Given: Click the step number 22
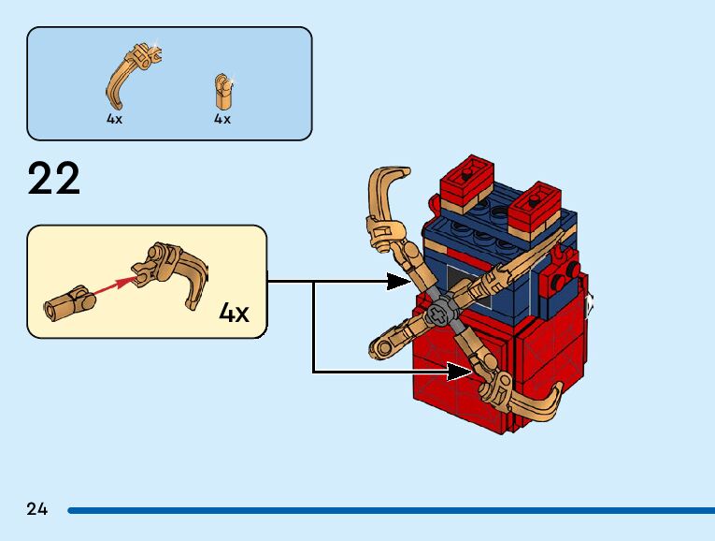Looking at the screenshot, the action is [54, 179].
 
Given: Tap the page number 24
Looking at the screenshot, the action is [37, 509].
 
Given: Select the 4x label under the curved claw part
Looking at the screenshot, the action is [114, 120].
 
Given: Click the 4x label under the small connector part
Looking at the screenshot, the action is [222, 120].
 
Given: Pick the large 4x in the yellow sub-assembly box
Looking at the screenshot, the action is [234, 312].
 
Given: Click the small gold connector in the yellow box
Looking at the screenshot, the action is [67, 301].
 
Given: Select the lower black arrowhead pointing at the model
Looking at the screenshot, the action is [458, 372].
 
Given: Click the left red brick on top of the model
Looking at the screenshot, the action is [467, 178].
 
